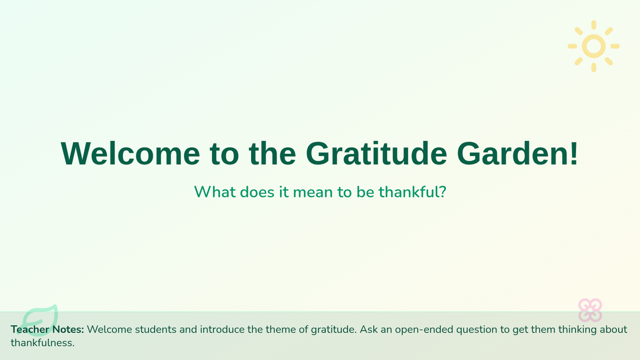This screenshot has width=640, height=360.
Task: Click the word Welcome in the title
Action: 130,154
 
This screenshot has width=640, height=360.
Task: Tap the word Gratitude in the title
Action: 377,154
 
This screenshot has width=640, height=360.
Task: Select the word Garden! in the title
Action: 517,154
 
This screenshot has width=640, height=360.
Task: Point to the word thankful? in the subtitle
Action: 412,191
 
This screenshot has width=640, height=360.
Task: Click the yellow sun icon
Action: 594,46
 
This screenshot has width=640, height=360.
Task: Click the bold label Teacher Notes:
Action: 47,330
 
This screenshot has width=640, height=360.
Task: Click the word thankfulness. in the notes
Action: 43,343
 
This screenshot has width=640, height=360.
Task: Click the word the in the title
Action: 273,154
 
